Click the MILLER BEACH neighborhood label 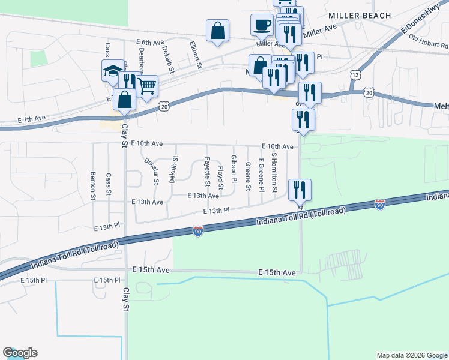coord(360,16)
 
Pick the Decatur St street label coord(151,170)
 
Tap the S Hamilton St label coord(274,173)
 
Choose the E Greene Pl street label coord(261,175)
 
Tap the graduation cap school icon coord(112,70)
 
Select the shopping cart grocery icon coord(146,85)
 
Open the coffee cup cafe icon coord(261,24)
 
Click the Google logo coord(20,353)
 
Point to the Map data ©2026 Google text coord(411,355)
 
